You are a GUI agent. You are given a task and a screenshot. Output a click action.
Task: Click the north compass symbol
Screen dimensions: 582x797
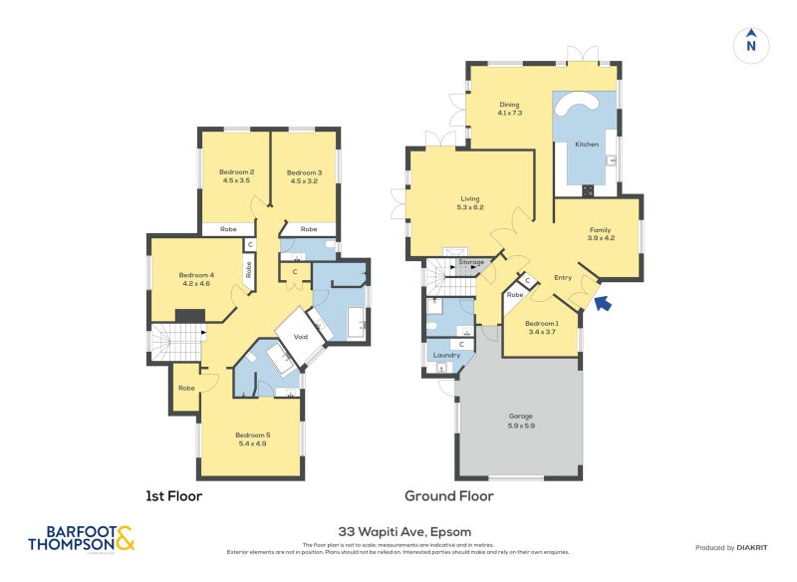pos(751,44)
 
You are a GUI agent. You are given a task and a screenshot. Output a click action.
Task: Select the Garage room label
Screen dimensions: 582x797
pos(521,416)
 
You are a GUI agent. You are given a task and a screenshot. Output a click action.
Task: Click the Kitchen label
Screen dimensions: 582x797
pos(587,145)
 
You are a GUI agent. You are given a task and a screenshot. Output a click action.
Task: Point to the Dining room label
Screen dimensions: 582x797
pos(510,108)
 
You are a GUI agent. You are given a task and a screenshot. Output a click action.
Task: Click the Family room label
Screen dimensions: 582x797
pos(600,233)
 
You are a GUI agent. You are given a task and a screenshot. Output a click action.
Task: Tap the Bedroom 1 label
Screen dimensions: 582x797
pos(542,323)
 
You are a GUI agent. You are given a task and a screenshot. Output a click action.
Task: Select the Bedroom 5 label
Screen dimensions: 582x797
pos(252,435)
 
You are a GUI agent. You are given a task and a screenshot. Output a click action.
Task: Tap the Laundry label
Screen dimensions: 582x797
pos(445,355)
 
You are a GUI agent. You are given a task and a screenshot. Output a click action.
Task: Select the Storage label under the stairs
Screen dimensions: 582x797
pos(471,262)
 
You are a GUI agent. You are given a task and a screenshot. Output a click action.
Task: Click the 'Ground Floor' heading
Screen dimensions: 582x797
pos(448,495)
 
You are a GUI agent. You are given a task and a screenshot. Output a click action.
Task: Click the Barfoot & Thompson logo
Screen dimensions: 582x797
pos(81,538)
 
